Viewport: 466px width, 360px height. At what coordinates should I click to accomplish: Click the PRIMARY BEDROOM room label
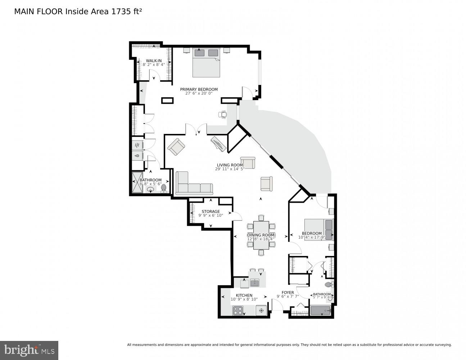tap(199, 89)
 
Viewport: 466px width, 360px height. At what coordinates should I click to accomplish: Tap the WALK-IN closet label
tap(154, 60)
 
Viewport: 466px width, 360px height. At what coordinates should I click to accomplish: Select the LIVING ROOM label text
tap(230, 165)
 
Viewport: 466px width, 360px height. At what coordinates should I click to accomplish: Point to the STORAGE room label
tap(211, 211)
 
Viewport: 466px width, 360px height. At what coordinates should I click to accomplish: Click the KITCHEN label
tap(244, 295)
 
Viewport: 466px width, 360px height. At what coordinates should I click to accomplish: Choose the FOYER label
tap(288, 292)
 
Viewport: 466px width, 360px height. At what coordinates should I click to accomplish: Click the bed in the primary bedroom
tap(206, 63)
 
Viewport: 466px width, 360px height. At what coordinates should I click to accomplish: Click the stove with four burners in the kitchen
tap(238, 310)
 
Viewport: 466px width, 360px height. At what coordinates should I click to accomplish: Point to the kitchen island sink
tap(255, 282)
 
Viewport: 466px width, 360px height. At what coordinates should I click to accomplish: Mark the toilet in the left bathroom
tap(164, 188)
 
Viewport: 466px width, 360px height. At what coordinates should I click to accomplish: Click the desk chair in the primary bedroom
tap(223, 114)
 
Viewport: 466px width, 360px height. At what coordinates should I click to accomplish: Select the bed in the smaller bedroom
tap(319, 229)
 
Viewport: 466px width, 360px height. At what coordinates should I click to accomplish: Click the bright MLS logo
tap(29, 350)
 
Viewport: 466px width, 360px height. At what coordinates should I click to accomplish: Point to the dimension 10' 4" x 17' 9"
tap(312, 237)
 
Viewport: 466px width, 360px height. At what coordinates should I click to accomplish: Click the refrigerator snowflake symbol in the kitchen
tap(261, 310)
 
